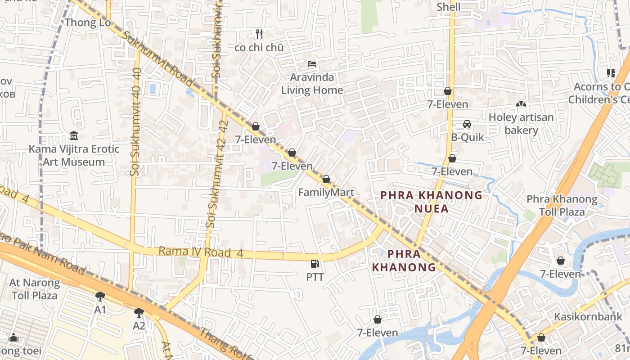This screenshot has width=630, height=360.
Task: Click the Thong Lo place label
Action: (88, 22)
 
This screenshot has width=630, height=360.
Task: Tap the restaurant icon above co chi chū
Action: (259, 34)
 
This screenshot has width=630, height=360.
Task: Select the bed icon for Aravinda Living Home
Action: (312, 64)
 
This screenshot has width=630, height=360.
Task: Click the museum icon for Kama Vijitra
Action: (74, 135)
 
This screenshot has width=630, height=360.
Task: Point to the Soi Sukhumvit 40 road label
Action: (137, 122)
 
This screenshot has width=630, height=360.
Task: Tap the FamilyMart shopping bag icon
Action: (326, 179)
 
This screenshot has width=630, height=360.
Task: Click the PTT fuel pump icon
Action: (315, 264)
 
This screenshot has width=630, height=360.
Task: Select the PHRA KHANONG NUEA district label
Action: (431, 202)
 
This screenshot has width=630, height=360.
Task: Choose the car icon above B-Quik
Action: (467, 124)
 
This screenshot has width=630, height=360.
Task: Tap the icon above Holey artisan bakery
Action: (521, 104)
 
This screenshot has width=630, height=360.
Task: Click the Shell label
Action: (449, 7)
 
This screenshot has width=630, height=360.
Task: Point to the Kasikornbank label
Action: (588, 316)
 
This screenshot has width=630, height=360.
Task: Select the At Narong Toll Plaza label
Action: (35, 289)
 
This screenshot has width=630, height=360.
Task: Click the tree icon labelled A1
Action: (100, 296)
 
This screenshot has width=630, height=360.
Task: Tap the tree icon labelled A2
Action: (139, 312)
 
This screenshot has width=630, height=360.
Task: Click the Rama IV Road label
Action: (194, 252)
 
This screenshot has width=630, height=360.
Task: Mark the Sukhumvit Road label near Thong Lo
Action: (157, 58)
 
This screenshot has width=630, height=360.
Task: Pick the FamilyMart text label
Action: (326, 193)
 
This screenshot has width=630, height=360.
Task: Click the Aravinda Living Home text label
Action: (312, 84)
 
